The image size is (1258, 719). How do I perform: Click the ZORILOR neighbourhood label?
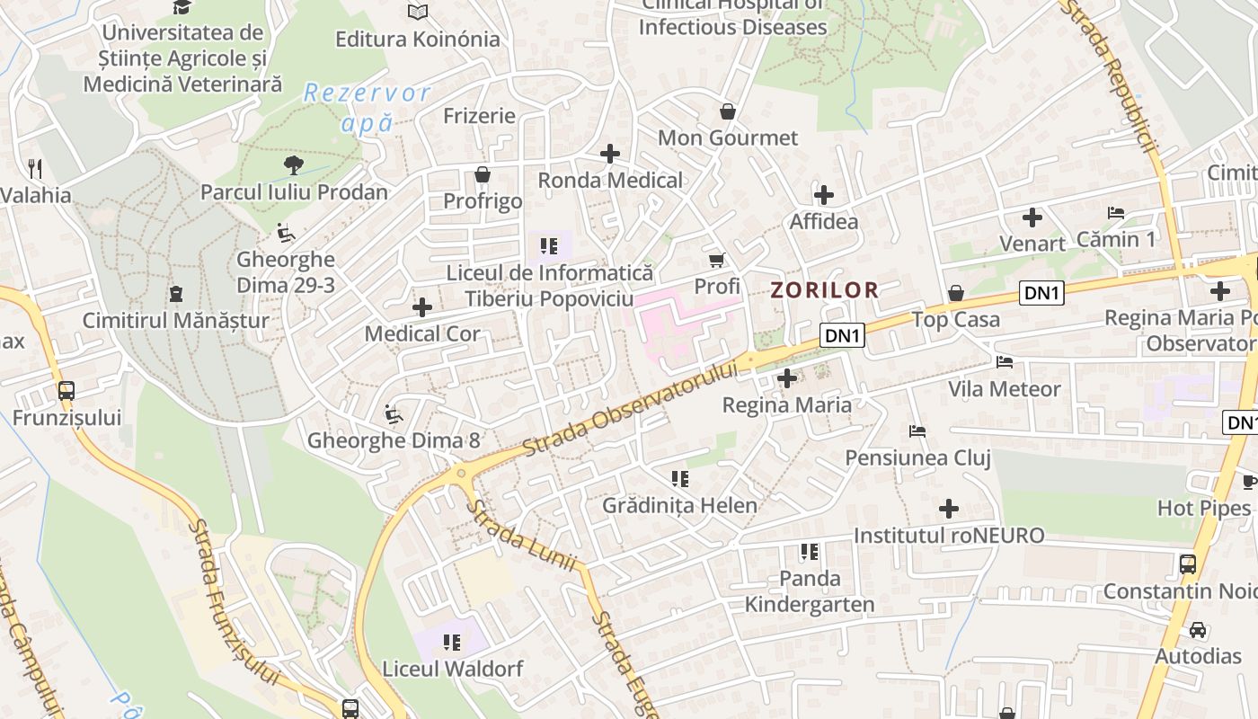824,289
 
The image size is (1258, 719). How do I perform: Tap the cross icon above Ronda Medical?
610,154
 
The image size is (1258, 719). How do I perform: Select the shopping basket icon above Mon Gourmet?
728,111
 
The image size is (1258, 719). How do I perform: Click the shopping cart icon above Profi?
717,261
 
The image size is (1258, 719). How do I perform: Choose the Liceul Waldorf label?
452,669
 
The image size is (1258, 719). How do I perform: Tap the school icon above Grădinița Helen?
679,479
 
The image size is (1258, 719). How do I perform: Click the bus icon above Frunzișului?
66,391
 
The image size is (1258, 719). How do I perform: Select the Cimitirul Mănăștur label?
175,320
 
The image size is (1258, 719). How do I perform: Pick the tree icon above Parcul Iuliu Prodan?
293,164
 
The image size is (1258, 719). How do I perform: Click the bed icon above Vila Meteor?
1005,362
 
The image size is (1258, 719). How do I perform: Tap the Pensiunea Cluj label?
917,457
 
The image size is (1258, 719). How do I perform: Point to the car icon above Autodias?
1198,629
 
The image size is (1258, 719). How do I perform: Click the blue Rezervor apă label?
368,107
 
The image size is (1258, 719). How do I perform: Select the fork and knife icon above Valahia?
35,168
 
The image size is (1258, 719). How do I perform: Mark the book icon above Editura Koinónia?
417,12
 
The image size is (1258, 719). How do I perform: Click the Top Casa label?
955,319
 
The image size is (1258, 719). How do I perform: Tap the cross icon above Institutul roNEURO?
949,509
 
